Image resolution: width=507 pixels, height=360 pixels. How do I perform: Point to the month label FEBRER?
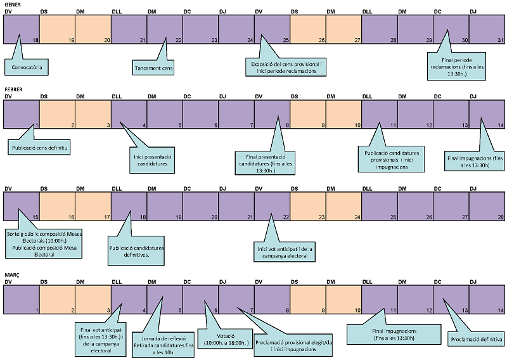[x=14, y=90]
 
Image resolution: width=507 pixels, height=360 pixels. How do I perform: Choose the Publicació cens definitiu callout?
[x=39, y=148]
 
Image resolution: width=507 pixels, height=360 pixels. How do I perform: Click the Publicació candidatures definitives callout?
[x=137, y=251]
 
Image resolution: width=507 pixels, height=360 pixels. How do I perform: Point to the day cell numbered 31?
[x=487, y=29]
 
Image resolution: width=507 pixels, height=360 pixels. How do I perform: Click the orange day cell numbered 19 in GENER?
[x=57, y=29]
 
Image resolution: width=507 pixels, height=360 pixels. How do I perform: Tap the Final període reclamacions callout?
[x=456, y=67]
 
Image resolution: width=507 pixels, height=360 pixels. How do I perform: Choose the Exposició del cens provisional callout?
[x=285, y=67]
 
